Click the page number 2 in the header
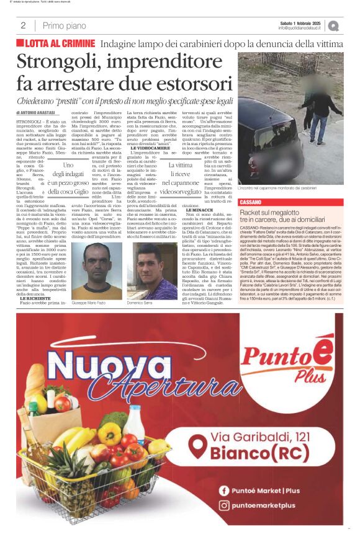(23, 25)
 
